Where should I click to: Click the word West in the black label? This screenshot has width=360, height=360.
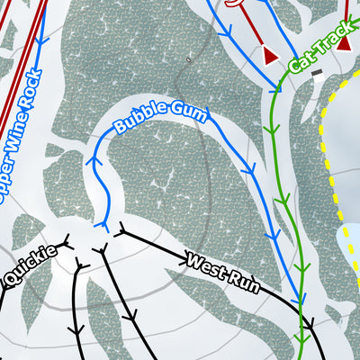tap(202, 263)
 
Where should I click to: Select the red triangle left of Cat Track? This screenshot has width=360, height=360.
tap(269, 56)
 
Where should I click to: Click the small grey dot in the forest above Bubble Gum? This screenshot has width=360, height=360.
tap(188, 59)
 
